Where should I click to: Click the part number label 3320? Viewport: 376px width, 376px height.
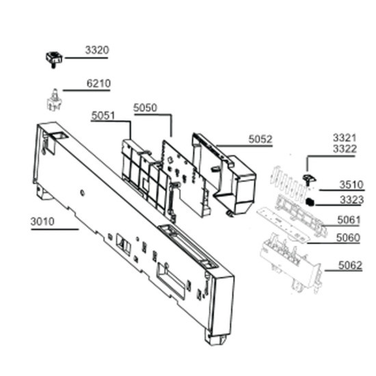[97, 50]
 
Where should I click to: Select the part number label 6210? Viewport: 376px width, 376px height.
[98, 83]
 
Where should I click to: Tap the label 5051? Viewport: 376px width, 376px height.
[103, 116]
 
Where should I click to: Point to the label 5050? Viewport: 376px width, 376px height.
[145, 108]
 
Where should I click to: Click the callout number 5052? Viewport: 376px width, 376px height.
[260, 139]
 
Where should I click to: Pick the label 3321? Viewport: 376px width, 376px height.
[345, 138]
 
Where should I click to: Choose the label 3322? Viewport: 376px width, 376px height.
[345, 149]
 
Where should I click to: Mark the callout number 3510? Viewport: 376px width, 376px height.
[351, 185]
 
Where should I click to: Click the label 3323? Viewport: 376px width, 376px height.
[351, 200]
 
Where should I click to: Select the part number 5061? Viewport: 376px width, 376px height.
[349, 220]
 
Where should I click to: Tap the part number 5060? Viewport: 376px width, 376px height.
[348, 238]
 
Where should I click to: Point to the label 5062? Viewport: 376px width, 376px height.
[350, 265]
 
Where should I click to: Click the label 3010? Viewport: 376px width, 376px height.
[42, 221]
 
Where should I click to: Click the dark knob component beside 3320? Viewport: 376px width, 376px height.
[54, 59]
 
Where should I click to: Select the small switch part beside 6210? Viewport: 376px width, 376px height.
[54, 100]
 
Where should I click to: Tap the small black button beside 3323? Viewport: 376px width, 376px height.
[310, 202]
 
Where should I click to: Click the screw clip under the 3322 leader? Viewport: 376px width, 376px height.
[309, 180]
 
